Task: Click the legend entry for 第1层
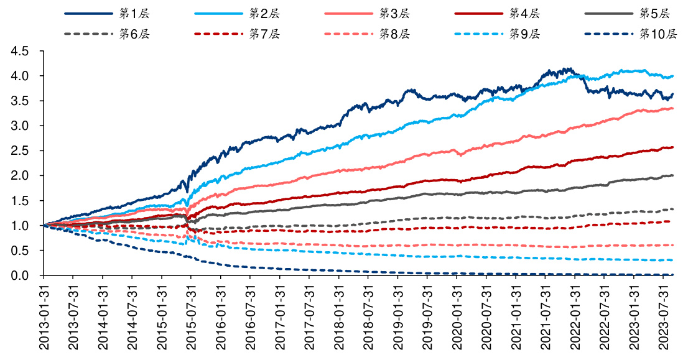[133, 13]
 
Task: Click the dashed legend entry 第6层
[133, 34]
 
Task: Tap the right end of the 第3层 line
[673, 109]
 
